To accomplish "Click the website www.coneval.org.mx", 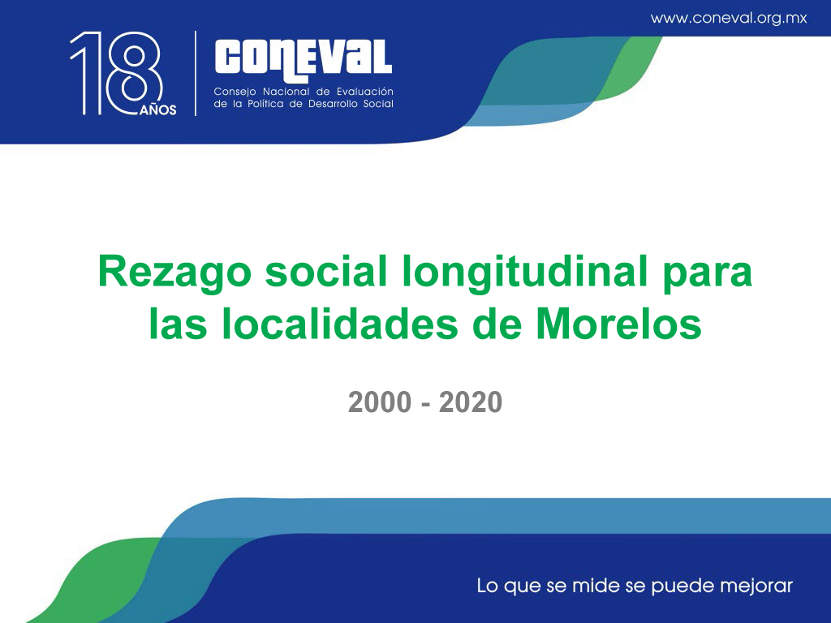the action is (729, 18).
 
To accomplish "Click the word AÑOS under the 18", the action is (158, 110).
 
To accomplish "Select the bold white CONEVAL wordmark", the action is (304, 61).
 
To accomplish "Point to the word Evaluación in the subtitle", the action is (365, 92).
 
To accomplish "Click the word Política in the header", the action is (265, 104).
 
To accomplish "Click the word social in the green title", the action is (326, 271).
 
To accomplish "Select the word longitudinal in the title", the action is (525, 273).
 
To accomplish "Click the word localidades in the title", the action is (340, 324).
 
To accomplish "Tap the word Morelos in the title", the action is (619, 324).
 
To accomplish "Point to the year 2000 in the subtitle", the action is (380, 402).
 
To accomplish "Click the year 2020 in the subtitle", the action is (471, 402).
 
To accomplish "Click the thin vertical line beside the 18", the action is (196, 73).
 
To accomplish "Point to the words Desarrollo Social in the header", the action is (351, 104).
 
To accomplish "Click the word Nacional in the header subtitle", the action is (286, 92).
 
